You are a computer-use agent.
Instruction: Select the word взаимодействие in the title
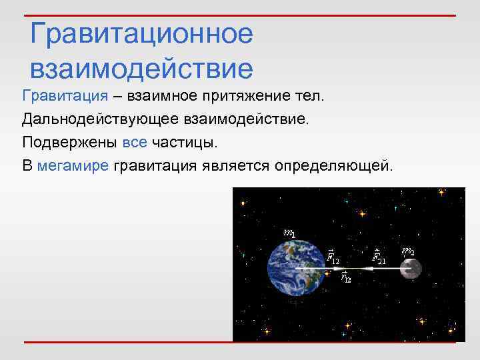[x=141, y=68]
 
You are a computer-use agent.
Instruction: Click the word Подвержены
[x=69, y=142]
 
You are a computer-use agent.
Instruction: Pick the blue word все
[x=135, y=142]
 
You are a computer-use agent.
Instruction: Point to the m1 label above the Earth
[x=289, y=233]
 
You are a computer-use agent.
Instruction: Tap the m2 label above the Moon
[x=407, y=251]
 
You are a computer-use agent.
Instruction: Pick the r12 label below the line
[x=345, y=277]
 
